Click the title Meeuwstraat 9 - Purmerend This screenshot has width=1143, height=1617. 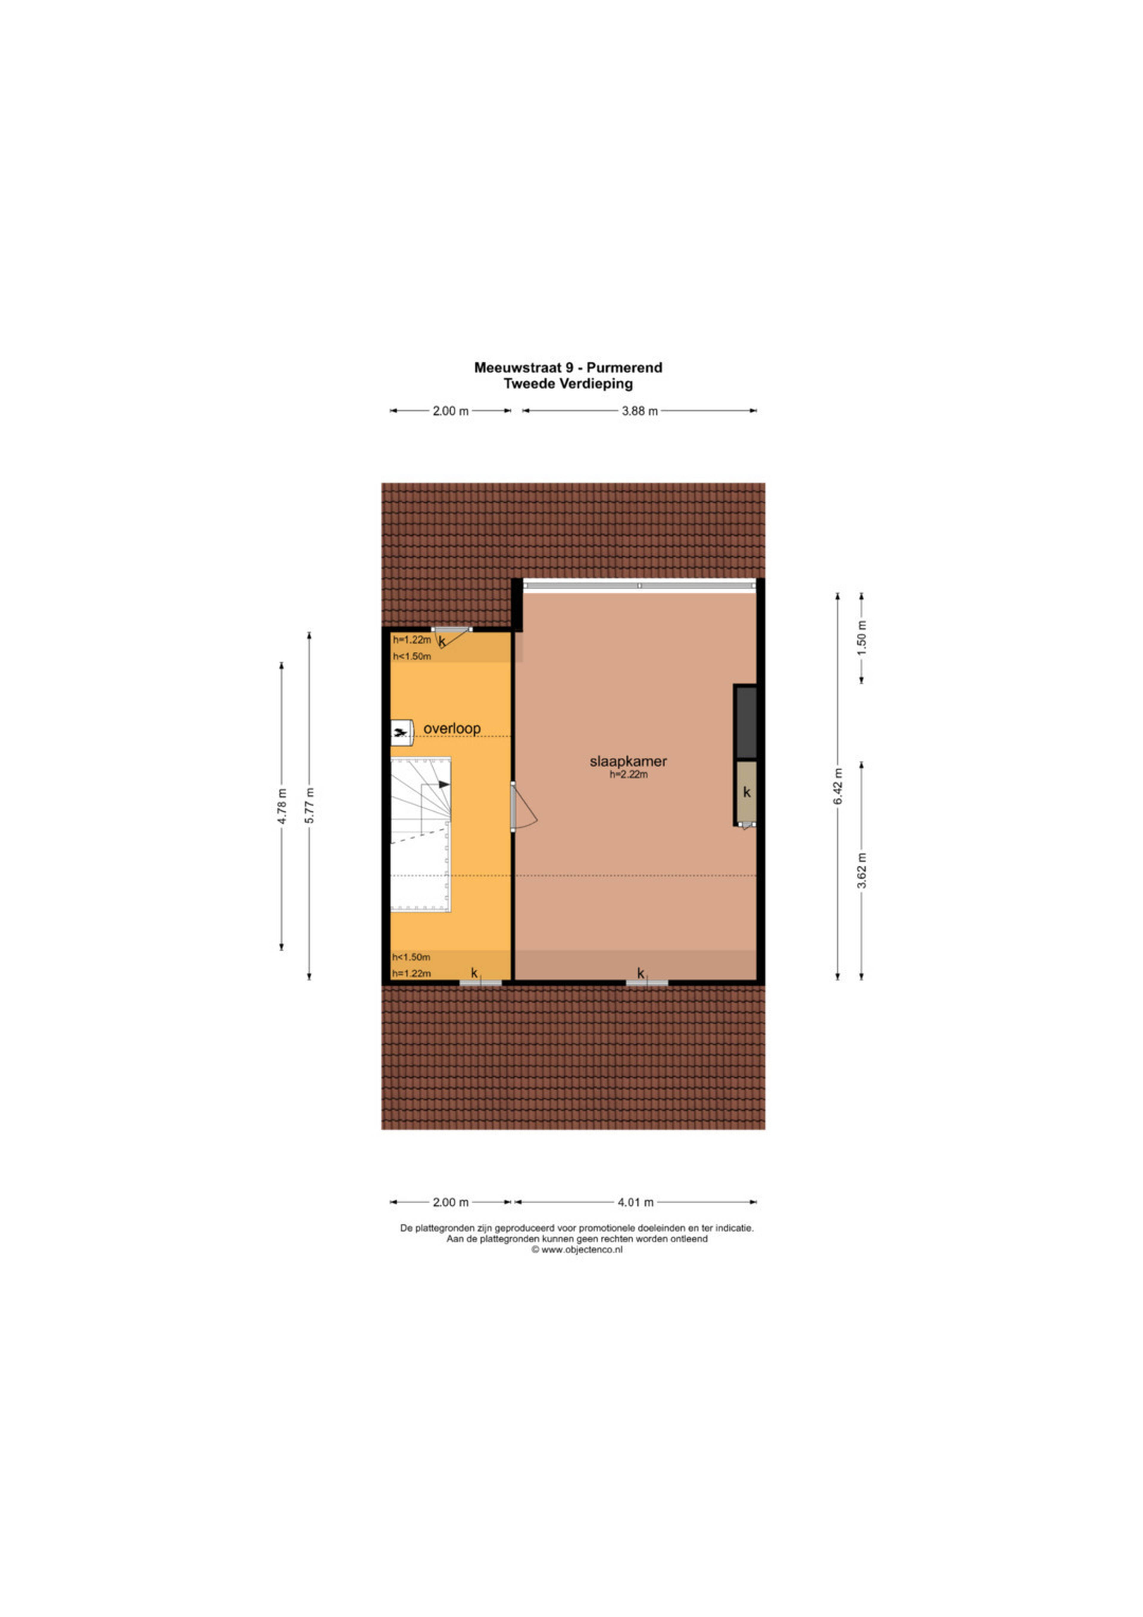point(568,367)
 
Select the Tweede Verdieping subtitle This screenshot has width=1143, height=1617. point(568,384)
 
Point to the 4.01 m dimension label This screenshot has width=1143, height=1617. point(635,1202)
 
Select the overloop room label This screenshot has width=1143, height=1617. point(452,728)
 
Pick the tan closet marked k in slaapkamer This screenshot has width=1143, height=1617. point(746,792)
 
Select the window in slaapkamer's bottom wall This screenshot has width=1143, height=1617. point(647,983)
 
